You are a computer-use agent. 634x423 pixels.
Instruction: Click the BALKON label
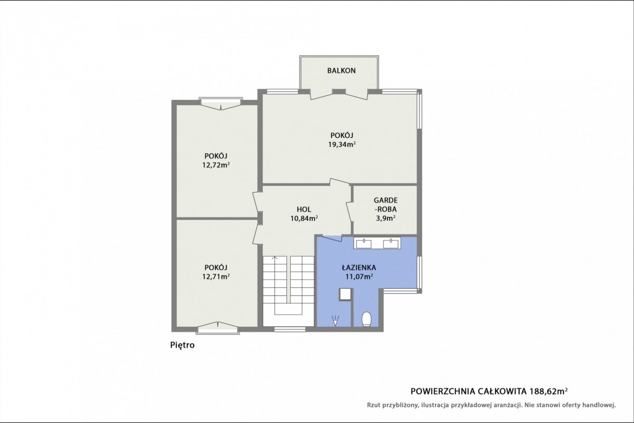(341, 71)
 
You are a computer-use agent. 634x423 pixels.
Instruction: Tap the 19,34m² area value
(342, 145)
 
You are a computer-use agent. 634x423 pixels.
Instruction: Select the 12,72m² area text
(216, 165)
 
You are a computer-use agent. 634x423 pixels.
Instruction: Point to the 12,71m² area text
(216, 276)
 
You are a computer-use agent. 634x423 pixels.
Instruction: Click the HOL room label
(304, 209)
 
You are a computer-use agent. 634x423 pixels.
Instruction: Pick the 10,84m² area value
(304, 219)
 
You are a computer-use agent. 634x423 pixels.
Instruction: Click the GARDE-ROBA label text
(386, 205)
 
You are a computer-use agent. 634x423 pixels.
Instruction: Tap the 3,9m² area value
(386, 219)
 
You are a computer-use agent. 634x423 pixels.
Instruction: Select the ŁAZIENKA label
(359, 268)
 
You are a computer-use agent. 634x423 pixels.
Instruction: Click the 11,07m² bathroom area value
(359, 276)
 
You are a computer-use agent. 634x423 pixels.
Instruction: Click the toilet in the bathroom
(367, 319)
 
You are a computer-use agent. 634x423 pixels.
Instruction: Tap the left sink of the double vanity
(363, 243)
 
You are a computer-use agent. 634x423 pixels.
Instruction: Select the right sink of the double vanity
(391, 243)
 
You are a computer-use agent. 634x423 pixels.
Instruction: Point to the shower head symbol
(335, 321)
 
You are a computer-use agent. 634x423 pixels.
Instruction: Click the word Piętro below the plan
(182, 345)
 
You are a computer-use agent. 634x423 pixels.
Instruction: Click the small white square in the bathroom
(346, 294)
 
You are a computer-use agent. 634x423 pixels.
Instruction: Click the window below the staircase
(290, 330)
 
